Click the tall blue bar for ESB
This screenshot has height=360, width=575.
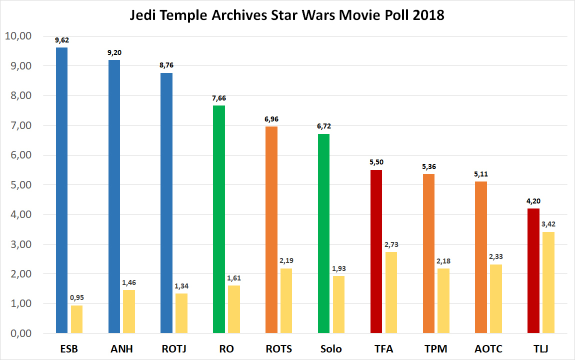(x=61, y=190)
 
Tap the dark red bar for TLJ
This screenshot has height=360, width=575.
(x=533, y=270)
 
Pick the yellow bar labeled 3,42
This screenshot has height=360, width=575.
(x=548, y=282)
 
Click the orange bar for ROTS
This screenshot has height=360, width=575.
(x=271, y=229)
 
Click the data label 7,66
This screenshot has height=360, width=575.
(x=218, y=98)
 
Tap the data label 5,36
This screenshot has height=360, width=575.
(x=428, y=166)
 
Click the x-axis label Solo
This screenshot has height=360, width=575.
(x=331, y=349)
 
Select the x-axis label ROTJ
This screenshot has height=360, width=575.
(x=173, y=349)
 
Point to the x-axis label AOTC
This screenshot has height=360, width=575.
(x=488, y=349)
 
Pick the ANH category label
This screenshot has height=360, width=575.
(x=121, y=349)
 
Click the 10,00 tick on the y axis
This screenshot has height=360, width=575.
(x=18, y=36)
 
